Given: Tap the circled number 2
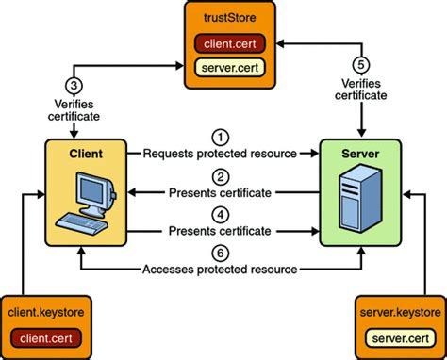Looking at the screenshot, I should (220, 176).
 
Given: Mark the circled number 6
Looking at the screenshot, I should (220, 251).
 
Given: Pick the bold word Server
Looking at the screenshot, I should (351, 151).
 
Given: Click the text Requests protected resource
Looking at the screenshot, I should (220, 152).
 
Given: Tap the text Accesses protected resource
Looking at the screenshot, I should (220, 268).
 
